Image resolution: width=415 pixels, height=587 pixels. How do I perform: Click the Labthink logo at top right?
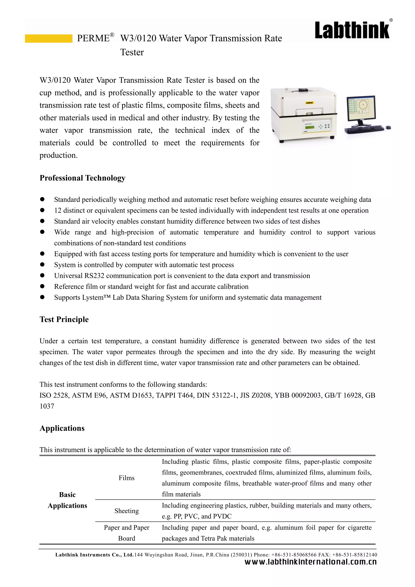coord(352,30)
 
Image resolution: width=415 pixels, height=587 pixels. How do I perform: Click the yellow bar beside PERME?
coord(49,38)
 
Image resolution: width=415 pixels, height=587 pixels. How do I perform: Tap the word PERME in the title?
coord(93,38)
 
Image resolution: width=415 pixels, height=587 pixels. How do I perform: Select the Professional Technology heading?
coord(82,178)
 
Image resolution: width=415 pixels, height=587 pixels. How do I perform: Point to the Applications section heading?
coord(62,428)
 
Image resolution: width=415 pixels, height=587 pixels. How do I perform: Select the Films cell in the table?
coord(126,478)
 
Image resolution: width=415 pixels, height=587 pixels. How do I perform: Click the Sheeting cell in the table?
coord(126,511)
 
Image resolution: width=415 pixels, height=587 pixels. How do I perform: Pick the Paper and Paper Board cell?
coord(126,533)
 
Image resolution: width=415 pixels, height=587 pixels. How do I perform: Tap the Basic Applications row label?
coord(67,500)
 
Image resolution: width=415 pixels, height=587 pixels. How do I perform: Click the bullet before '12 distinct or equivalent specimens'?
coord(42,210)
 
